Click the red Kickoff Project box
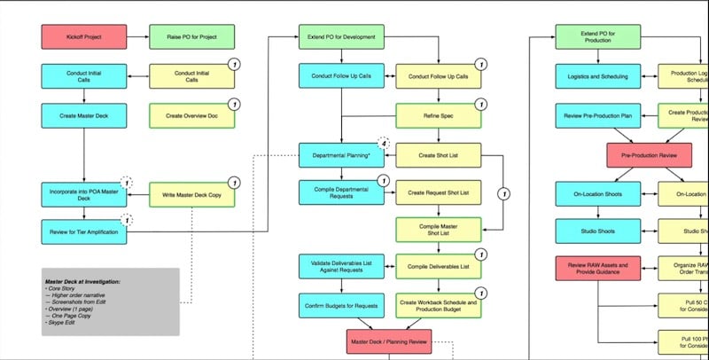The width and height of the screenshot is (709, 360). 85,37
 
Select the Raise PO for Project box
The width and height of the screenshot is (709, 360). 192,37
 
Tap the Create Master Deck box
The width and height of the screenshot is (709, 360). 85,115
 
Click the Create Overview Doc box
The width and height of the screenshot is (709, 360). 192,115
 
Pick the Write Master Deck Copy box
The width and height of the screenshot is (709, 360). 192,194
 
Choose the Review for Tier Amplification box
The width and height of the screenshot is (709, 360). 85,233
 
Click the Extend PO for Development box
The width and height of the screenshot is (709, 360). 341,37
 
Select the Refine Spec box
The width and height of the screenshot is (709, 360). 438,115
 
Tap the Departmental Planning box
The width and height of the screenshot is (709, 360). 341,155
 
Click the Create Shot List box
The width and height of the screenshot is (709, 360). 438,155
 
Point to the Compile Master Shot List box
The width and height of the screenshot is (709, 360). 438,229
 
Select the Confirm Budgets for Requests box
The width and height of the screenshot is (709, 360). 341,305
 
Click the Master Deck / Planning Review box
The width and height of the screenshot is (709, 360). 389,340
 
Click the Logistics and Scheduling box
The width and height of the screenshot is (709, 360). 596,76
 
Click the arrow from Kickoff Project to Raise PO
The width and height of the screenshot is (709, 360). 138,37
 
